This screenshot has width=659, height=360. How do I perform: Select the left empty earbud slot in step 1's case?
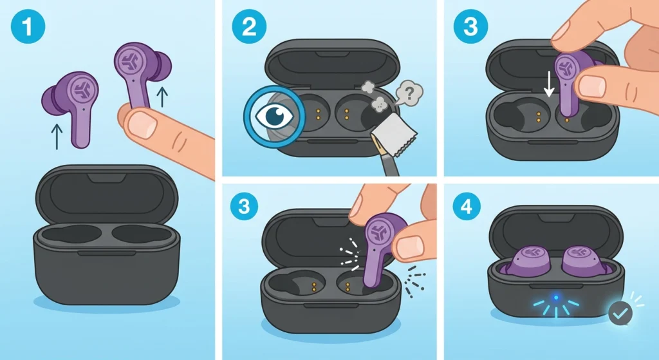(x=75, y=232)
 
